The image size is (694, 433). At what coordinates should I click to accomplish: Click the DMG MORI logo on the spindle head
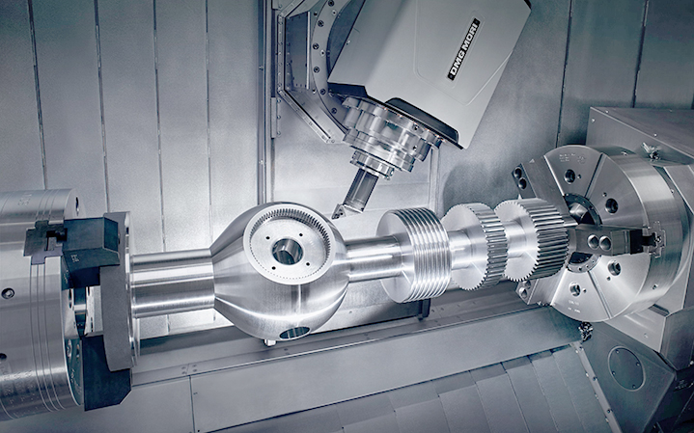pyautogui.click(x=463, y=49)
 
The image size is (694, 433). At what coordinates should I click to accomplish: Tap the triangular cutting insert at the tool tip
pyautogui.click(x=340, y=212)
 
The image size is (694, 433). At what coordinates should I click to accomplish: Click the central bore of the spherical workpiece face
pyautogui.click(x=288, y=252)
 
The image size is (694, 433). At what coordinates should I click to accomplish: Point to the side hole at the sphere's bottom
pyautogui.click(x=293, y=332)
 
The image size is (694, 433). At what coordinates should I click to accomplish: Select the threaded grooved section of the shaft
pyautogui.click(x=414, y=255)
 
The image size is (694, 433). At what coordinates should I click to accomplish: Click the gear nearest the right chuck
pyautogui.click(x=534, y=239)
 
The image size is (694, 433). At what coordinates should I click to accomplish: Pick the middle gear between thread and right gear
pyautogui.click(x=475, y=246)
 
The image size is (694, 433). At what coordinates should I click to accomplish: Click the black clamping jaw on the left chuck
pyautogui.click(x=73, y=242)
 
